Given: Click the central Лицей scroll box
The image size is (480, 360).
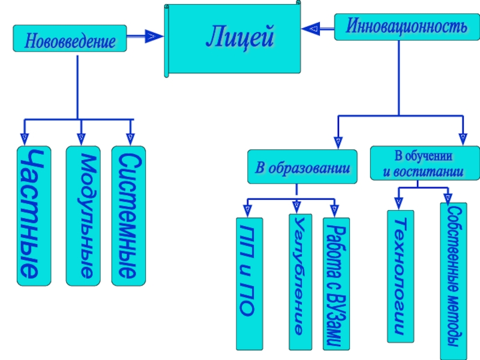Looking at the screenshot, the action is click(x=233, y=39).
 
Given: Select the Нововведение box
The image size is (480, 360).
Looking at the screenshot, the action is click(x=70, y=38).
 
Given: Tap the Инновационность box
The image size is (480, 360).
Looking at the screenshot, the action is click(x=407, y=27).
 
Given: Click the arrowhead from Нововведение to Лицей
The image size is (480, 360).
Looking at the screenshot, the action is click(x=154, y=36).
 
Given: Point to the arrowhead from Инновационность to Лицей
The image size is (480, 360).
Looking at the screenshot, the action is click(x=311, y=29).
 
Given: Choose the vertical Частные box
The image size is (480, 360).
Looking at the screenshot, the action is click(x=34, y=216).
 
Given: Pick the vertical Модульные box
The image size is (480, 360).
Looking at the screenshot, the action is click(x=83, y=216).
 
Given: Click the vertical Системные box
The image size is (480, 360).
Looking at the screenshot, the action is click(x=128, y=216).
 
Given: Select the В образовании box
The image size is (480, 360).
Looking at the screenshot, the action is click(x=302, y=167).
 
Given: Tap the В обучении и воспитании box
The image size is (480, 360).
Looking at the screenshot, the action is click(x=425, y=163).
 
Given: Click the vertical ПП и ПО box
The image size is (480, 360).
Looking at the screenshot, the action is click(x=250, y=284).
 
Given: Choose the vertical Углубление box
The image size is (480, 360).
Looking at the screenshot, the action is click(x=301, y=282).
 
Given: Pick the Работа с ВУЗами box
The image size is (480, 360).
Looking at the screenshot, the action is click(x=336, y=284).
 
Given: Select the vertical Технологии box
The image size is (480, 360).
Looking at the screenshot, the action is click(x=400, y=276).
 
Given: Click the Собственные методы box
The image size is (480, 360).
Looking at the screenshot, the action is click(x=454, y=281).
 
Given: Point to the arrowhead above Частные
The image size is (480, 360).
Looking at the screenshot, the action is click(x=25, y=139).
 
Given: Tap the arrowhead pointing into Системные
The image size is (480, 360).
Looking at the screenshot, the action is click(x=130, y=139).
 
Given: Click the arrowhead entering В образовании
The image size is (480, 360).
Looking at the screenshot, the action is click(x=338, y=143).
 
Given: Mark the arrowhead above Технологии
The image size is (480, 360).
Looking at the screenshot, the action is click(x=398, y=203).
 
